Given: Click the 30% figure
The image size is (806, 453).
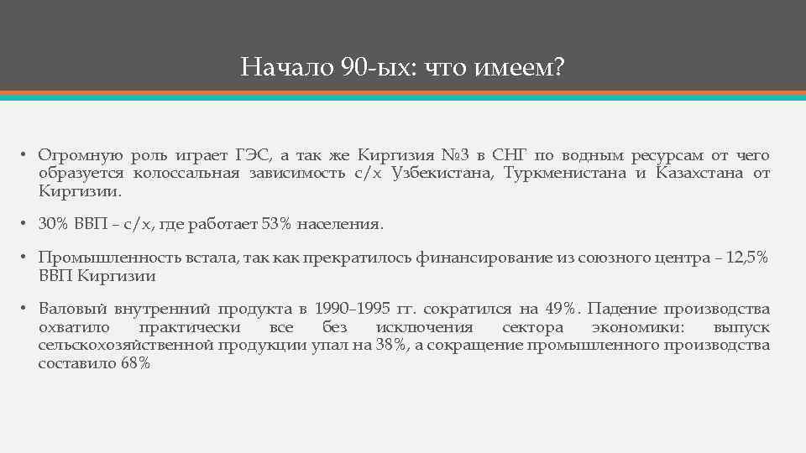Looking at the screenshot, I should coord(53,225).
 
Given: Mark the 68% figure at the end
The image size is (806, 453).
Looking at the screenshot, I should coord(135,363).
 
